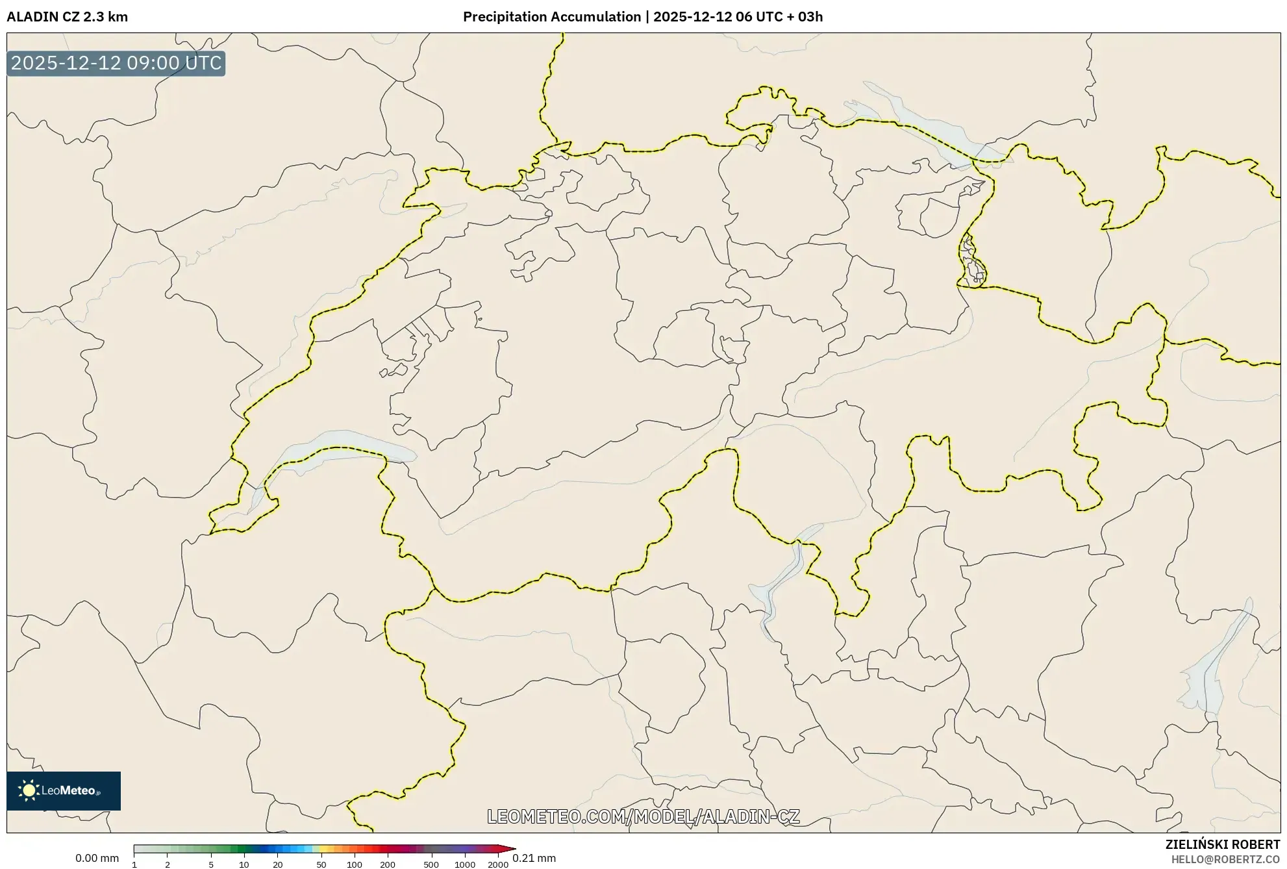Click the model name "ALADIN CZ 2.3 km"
coord(67,17)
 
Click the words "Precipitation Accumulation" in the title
coord(551,17)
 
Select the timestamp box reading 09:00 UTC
coord(116,63)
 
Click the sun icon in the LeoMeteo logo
coord(29,790)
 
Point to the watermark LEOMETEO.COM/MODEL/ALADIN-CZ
coord(643,816)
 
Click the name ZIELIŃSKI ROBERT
coord(1222,844)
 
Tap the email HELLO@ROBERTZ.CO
coord(1225,859)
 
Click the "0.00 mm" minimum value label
coord(97,858)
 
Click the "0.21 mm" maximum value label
coord(534,858)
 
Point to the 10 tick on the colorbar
coord(244,864)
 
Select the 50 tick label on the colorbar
coord(321,864)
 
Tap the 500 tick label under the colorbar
coord(431,864)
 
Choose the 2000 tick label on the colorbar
coord(498,864)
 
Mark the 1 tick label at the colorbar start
coord(134,864)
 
